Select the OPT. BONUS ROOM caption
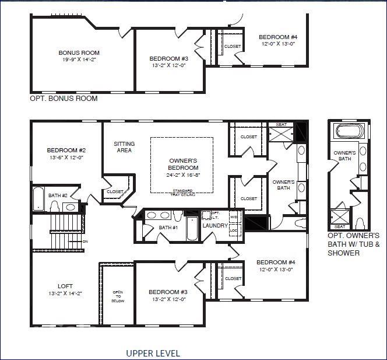pyautogui.click(x=64, y=99)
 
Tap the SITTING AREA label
pyautogui.click(x=124, y=147)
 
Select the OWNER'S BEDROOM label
pyautogui.click(x=184, y=164)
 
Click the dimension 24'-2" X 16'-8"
pyautogui.click(x=184, y=174)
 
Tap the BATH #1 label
pyautogui.click(x=168, y=228)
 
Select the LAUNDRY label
pyautogui.click(x=214, y=226)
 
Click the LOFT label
pyautogui.click(x=65, y=286)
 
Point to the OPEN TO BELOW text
pyautogui.click(x=118, y=296)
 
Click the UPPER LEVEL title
pyautogui.click(x=153, y=353)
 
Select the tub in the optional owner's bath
pyautogui.click(x=346, y=132)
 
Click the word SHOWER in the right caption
pyautogui.click(x=343, y=253)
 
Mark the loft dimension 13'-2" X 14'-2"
pyautogui.click(x=65, y=293)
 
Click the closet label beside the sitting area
pyautogui.click(x=115, y=191)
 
